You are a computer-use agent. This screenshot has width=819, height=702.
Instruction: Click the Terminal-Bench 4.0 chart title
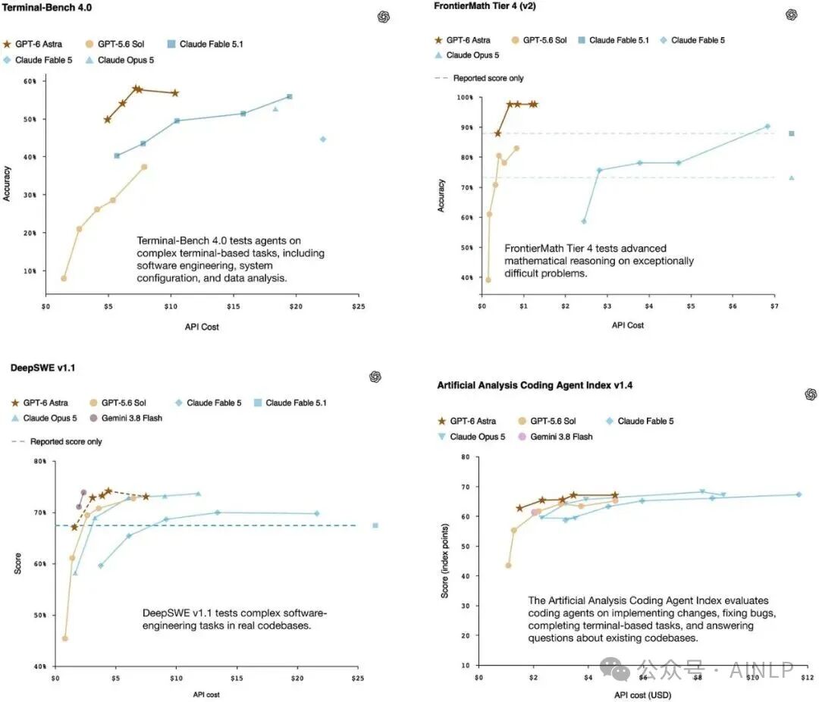46,8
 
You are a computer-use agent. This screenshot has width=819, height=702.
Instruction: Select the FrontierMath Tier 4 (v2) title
485,6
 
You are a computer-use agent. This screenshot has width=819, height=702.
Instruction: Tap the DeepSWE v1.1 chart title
42,368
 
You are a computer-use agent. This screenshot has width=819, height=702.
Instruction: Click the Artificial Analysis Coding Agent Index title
535,385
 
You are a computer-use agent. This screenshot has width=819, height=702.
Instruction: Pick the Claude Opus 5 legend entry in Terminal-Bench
120,60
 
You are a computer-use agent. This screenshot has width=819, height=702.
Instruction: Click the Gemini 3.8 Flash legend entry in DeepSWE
126,418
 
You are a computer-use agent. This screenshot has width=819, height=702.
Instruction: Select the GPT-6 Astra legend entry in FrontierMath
463,40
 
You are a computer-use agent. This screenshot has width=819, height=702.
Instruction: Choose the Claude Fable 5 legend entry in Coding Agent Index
639,421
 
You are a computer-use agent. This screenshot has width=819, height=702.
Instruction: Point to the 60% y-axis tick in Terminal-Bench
30,81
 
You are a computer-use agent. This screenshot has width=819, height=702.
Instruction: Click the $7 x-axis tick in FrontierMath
774,306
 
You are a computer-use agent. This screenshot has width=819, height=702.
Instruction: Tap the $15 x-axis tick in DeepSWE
237,678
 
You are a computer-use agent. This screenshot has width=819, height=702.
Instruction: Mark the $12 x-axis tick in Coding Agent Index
807,678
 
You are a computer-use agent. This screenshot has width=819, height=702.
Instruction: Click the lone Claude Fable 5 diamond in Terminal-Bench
323,139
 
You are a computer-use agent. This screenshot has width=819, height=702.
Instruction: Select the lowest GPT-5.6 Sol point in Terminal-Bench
64,278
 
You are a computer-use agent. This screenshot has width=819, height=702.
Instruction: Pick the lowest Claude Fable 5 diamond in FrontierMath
583,221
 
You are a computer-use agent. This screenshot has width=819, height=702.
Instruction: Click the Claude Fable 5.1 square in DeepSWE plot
375,525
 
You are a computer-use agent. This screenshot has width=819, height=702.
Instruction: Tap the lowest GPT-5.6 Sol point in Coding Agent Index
508,565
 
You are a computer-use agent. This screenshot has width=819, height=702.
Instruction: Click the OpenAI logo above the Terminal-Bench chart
384,17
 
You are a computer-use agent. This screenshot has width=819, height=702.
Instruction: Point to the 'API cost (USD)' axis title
642,694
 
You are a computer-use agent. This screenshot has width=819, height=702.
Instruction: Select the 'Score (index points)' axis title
444,561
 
